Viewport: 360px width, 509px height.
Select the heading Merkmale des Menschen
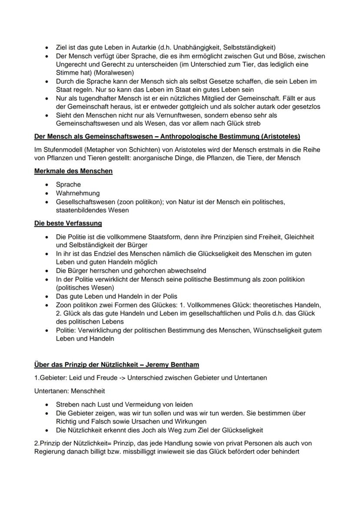point(73,171)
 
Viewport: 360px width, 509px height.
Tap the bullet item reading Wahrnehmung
point(77,193)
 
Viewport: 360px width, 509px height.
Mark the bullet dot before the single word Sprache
point(47,185)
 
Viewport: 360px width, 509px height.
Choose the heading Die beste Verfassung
point(68,223)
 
